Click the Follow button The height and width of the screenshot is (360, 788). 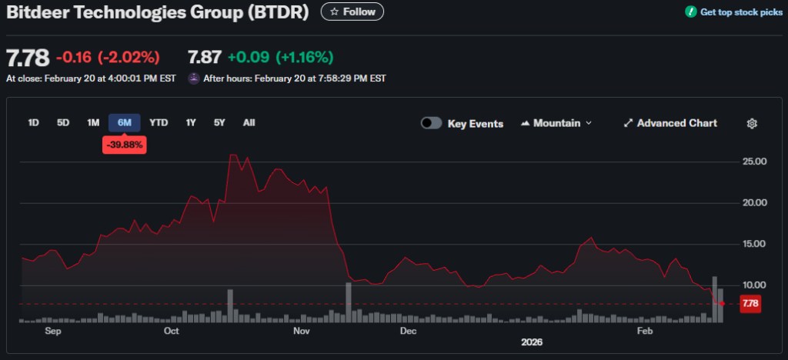(352, 12)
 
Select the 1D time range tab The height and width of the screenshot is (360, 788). (34, 122)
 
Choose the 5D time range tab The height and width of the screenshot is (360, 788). (63, 122)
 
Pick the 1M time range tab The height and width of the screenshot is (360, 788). (93, 122)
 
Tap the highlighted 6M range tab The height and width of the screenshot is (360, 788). (124, 122)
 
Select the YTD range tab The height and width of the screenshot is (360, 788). (159, 122)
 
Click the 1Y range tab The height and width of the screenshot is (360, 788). (191, 122)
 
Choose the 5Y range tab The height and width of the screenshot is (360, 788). (220, 122)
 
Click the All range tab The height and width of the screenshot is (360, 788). (249, 122)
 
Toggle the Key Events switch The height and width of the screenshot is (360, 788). (431, 123)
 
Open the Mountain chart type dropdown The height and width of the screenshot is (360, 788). (556, 123)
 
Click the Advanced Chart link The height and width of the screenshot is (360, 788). (670, 123)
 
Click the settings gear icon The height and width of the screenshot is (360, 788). (753, 123)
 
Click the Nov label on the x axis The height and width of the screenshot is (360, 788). (302, 331)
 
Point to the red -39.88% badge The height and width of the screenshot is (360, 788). (125, 145)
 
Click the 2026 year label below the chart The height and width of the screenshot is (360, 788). (532, 342)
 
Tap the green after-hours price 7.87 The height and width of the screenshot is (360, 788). (205, 57)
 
